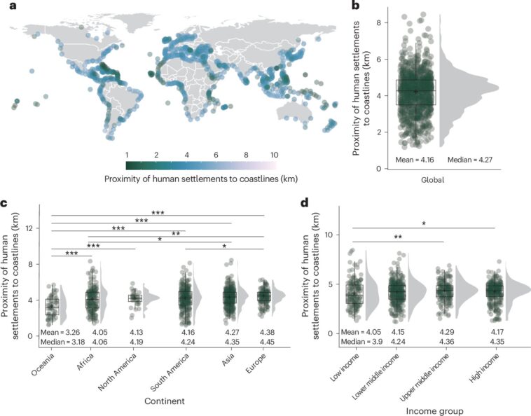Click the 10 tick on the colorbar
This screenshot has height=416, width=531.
(x=275, y=154)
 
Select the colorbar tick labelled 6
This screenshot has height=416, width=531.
(x=214, y=154)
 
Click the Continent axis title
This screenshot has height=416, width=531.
(x=156, y=401)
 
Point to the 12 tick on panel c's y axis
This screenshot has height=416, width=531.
(x=29, y=228)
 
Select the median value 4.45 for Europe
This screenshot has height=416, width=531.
(x=263, y=342)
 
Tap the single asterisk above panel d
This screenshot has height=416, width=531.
(x=423, y=223)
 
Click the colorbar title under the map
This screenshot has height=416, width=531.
(x=200, y=178)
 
